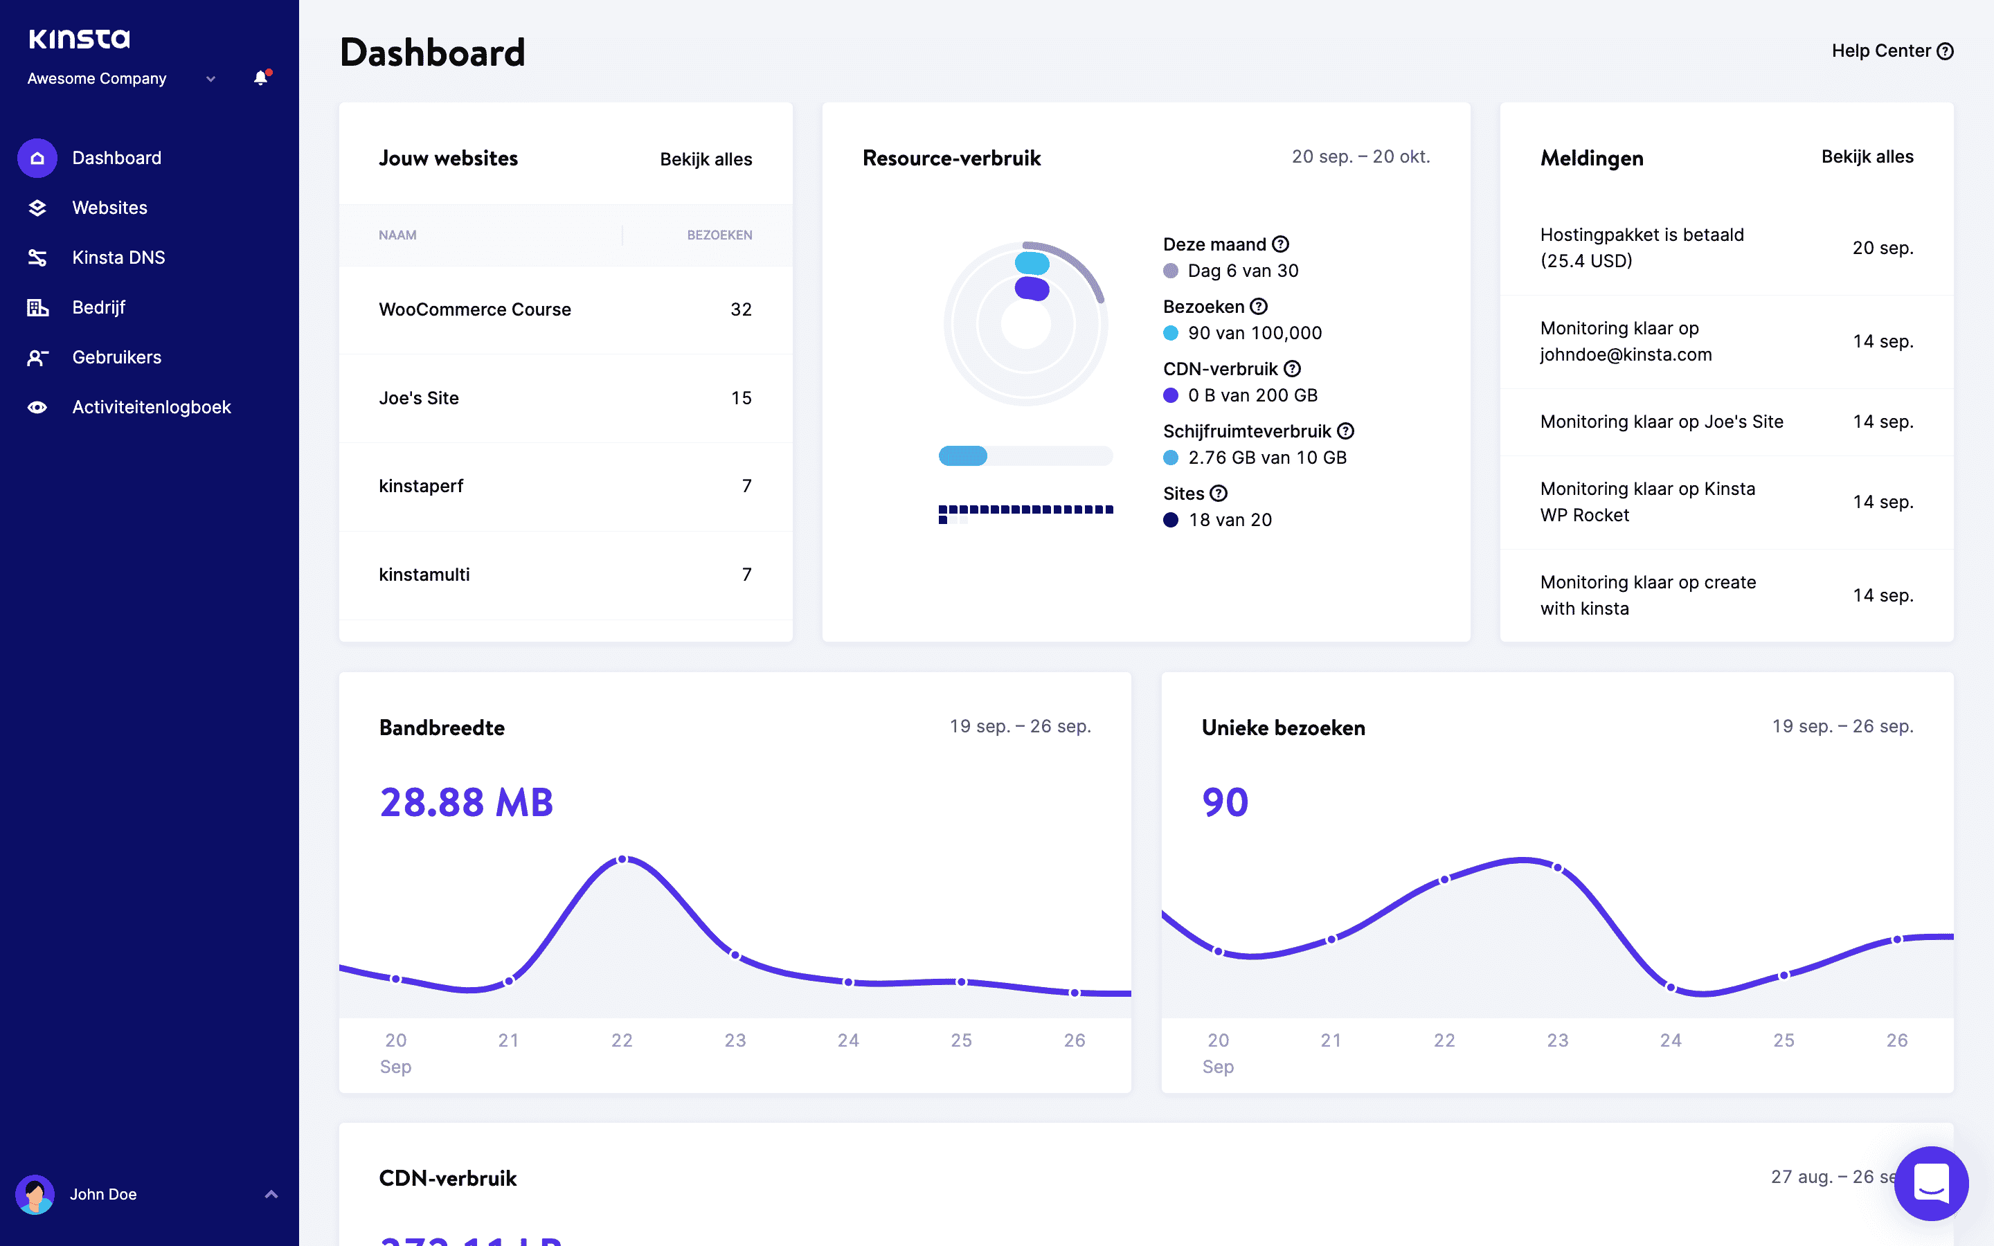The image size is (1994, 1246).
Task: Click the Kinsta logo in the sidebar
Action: click(79, 39)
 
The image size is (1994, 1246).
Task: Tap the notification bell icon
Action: click(260, 78)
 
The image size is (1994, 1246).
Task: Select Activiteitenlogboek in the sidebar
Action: click(152, 407)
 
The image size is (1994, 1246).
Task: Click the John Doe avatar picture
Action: click(35, 1194)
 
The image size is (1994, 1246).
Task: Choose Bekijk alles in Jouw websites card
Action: click(706, 159)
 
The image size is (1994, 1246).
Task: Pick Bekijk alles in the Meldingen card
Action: click(1867, 156)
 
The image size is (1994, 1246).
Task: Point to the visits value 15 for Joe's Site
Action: click(741, 398)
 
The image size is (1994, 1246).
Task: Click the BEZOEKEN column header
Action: click(719, 235)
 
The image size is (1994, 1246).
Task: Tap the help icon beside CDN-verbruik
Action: click(1292, 369)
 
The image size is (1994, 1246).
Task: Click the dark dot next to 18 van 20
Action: click(1170, 520)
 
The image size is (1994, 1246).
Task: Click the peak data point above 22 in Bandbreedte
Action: click(623, 860)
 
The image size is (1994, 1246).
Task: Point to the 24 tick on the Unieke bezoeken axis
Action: click(1670, 1040)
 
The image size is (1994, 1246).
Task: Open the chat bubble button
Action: click(1930, 1184)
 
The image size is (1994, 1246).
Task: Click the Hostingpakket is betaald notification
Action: click(1642, 247)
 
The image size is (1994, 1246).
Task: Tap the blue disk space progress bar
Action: click(963, 455)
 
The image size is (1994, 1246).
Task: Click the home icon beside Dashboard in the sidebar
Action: click(37, 159)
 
